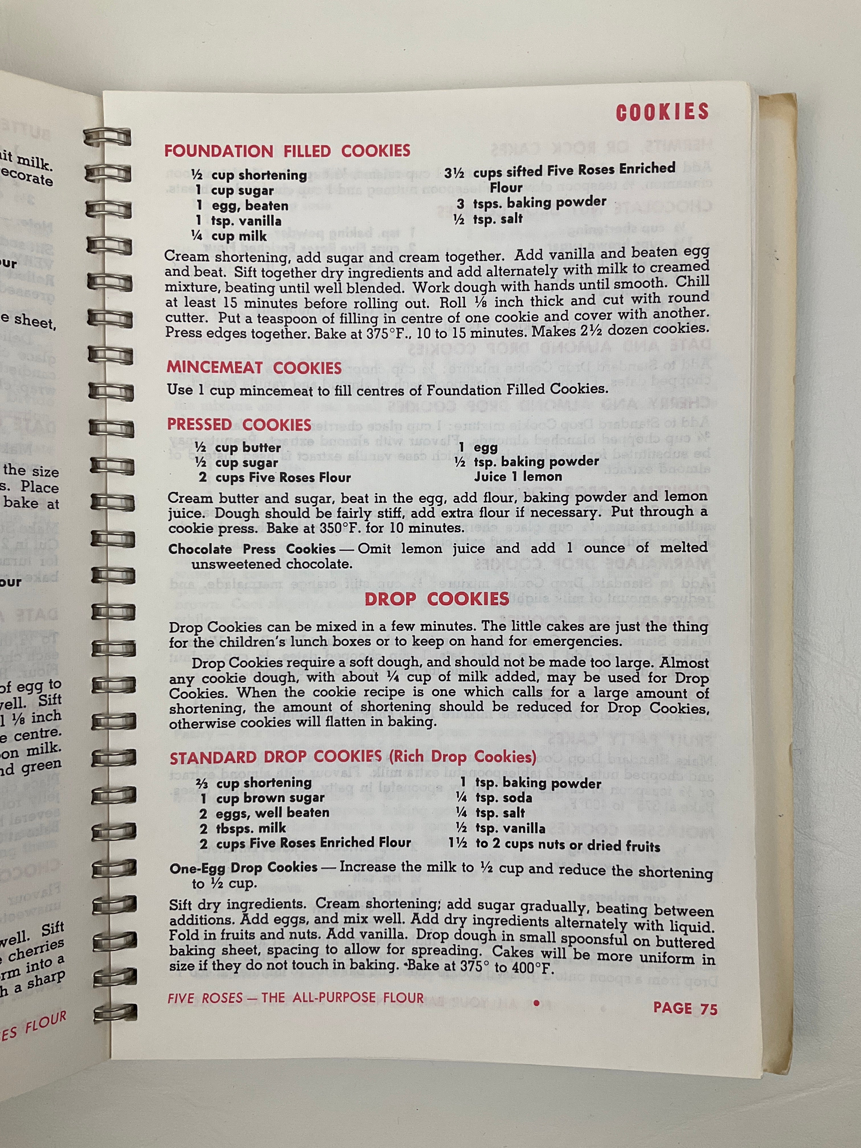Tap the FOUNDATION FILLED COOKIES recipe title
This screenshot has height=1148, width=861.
[287, 151]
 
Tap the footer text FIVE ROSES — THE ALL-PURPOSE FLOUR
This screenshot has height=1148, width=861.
[295, 997]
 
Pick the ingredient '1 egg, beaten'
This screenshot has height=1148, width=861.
[241, 206]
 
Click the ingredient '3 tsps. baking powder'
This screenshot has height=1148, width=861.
[531, 202]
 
